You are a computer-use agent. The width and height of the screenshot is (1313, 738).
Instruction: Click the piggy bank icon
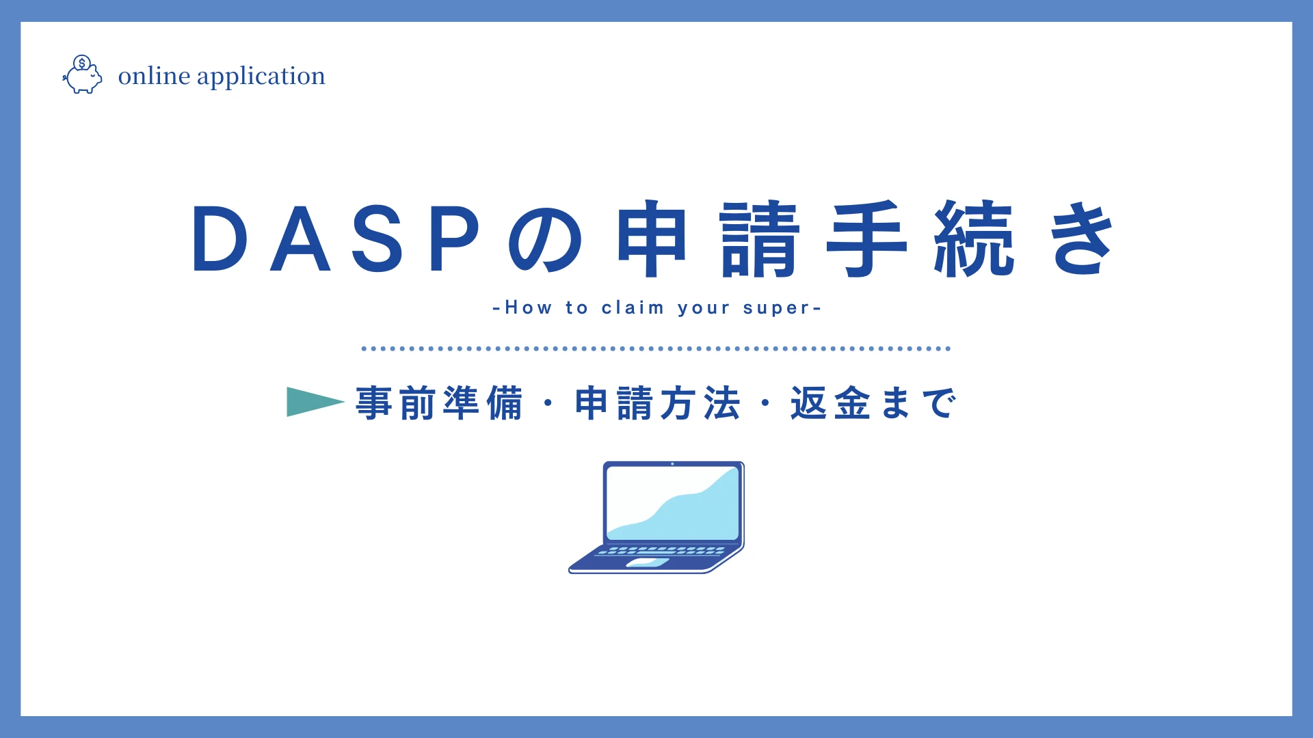click(x=83, y=77)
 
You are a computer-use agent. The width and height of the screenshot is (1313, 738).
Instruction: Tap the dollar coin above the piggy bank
click(x=82, y=64)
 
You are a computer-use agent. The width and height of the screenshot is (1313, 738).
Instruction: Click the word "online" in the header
click(x=155, y=76)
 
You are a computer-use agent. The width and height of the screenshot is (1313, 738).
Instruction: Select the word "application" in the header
click(x=261, y=77)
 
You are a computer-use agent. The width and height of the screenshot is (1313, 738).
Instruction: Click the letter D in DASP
click(x=220, y=238)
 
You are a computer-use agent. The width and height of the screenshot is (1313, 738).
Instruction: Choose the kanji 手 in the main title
click(x=867, y=238)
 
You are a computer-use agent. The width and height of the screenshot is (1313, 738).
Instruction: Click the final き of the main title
click(x=1083, y=238)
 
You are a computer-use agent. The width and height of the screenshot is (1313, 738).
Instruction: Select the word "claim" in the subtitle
click(x=633, y=308)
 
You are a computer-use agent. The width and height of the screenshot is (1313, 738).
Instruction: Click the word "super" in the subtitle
click(x=776, y=309)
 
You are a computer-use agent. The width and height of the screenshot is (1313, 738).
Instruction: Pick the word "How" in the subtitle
click(x=528, y=307)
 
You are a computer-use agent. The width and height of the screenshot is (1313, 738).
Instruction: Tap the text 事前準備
click(x=440, y=402)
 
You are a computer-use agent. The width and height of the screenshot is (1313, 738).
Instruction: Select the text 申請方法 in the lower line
click(x=658, y=402)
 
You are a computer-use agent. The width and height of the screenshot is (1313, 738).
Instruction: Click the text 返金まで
click(x=873, y=402)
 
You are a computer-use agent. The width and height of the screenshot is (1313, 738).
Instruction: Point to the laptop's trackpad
click(x=648, y=563)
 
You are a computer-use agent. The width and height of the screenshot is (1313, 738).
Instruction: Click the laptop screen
click(x=673, y=503)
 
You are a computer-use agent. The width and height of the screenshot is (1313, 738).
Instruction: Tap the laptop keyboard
click(x=661, y=550)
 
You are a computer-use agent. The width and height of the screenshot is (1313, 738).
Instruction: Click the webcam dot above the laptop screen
click(x=672, y=464)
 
